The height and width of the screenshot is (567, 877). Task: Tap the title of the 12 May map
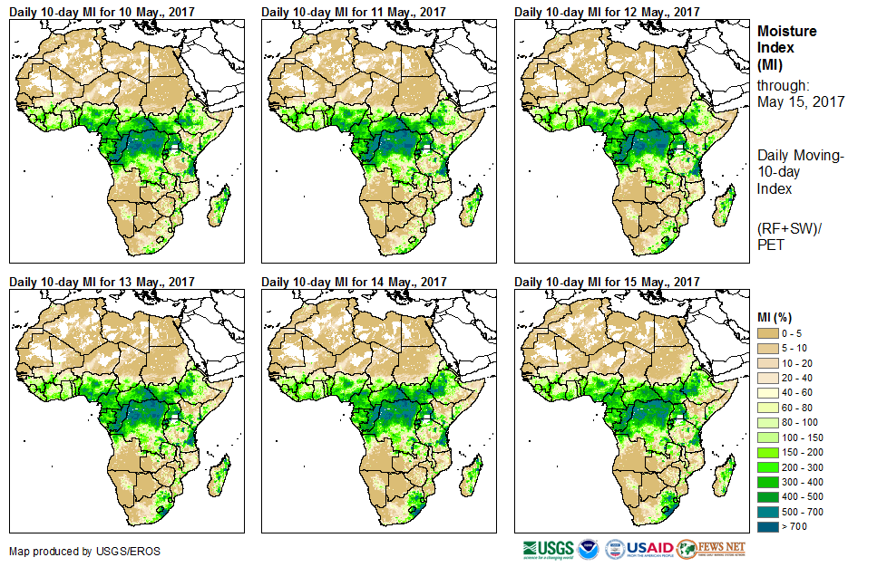(x=607, y=12)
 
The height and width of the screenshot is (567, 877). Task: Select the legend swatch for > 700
(x=770, y=525)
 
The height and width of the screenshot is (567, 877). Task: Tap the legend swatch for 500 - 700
(x=770, y=511)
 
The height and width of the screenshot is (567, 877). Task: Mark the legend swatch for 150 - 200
(x=770, y=452)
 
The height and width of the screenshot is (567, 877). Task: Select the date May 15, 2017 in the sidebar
(x=801, y=101)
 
